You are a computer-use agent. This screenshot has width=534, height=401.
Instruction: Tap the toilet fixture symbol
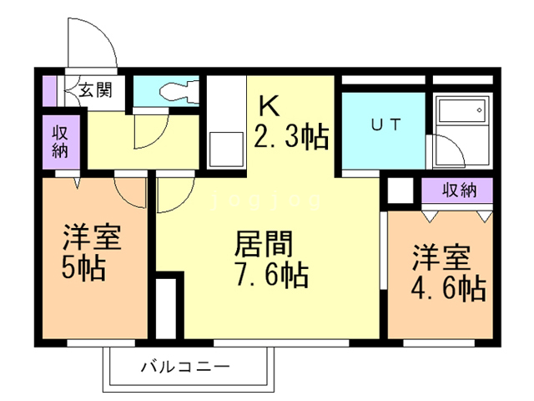179,90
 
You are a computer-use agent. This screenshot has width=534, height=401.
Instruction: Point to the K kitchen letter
269,105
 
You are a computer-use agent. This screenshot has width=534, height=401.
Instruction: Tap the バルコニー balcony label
184,366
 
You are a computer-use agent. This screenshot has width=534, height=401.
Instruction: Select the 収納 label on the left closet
61,144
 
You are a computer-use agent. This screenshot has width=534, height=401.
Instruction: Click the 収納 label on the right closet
459,190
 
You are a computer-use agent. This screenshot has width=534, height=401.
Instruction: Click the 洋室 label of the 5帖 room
92,239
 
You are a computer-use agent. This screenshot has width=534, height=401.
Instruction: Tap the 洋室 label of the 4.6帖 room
438,256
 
